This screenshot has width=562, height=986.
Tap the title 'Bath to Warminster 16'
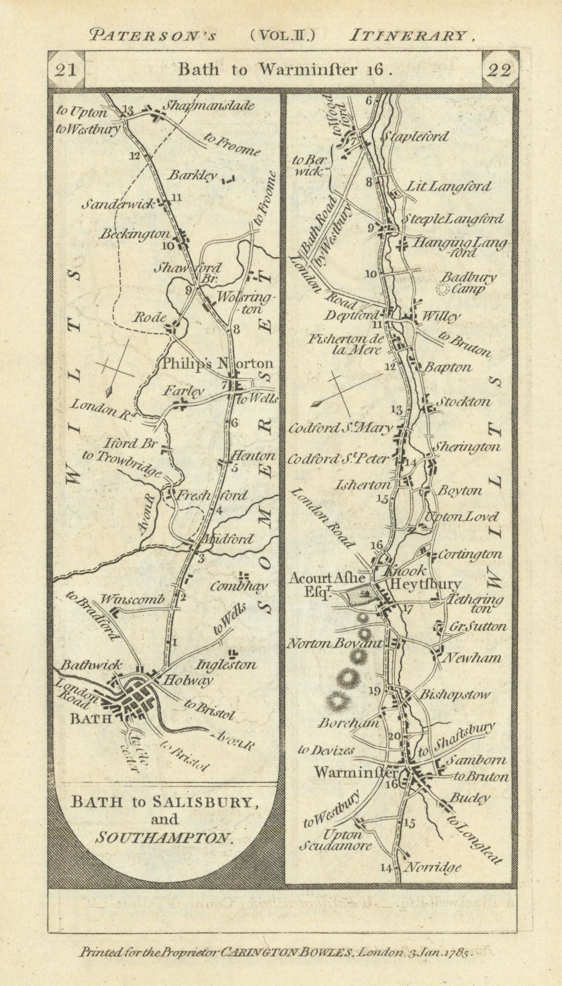click(284, 69)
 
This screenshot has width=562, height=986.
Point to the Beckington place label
click(136, 234)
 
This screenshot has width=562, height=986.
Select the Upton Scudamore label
click(336, 840)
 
